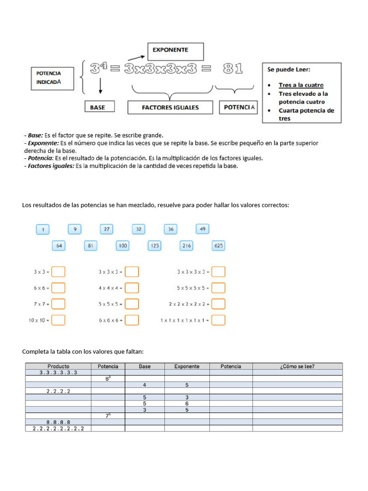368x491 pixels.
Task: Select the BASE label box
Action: [97, 107]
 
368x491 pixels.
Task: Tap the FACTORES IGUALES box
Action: [170, 107]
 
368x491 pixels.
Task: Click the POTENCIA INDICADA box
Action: [53, 78]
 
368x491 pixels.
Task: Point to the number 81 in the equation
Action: [233, 69]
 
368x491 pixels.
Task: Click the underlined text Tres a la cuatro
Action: [301, 85]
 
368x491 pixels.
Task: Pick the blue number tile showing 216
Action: [186, 246]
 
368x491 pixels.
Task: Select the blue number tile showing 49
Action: [202, 230]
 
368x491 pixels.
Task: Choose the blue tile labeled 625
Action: [218, 246]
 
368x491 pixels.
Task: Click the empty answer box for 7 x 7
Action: [58, 304]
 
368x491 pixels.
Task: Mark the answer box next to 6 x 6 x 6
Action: [132, 320]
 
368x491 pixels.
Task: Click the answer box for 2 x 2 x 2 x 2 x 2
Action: [218, 304]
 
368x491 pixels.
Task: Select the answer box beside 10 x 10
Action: [58, 320]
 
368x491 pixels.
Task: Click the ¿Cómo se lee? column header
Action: [297, 366]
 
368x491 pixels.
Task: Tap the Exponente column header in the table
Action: [187, 366]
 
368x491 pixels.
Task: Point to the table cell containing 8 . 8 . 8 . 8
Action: [58, 422]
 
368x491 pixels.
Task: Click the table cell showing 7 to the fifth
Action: [108, 416]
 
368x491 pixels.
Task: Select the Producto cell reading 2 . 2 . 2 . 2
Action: [58, 391]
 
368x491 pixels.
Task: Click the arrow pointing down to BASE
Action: [101, 86]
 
